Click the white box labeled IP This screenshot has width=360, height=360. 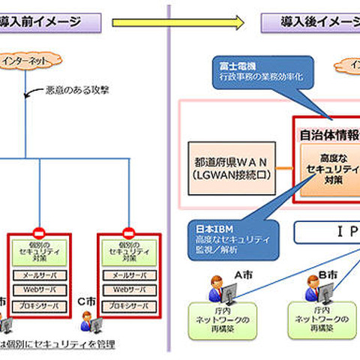click(327, 233)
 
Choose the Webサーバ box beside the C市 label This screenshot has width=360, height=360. click(127, 289)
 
